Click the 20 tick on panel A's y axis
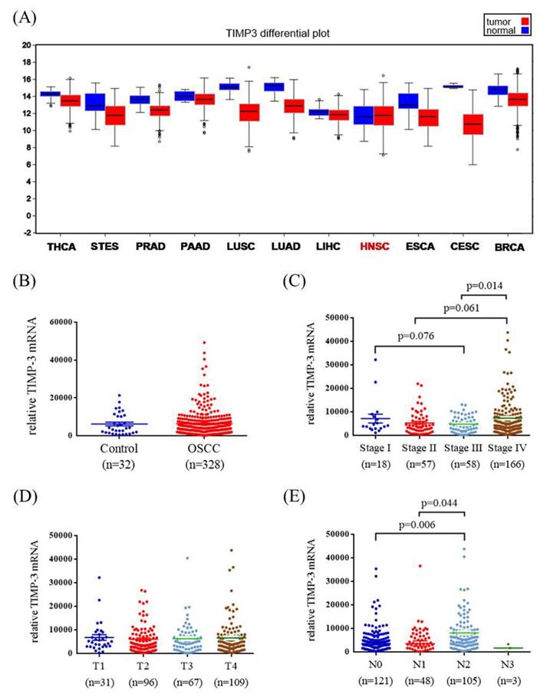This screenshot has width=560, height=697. (25, 45)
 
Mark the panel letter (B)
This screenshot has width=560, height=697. (26, 281)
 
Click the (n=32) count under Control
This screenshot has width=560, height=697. (114, 465)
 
